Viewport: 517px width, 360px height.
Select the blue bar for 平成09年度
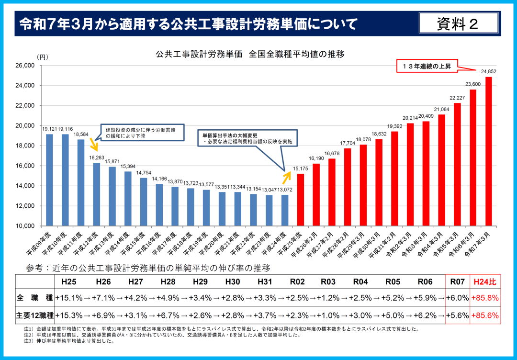pyautogui.click(x=49, y=180)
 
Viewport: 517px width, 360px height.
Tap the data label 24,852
pyautogui.click(x=488, y=72)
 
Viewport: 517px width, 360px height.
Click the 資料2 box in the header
pyautogui.click(x=458, y=23)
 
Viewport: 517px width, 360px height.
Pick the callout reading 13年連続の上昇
pyautogui.click(x=427, y=66)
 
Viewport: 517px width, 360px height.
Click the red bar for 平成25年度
pyautogui.click(x=301, y=200)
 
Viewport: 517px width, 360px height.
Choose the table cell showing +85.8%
pyautogui.click(x=485, y=298)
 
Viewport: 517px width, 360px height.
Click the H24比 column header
pyautogui.click(x=485, y=281)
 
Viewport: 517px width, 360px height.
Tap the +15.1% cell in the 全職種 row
pyautogui.click(x=69, y=298)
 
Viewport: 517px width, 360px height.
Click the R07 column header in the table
pyautogui.click(x=457, y=281)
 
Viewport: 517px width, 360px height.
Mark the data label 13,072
pyautogui.click(x=285, y=190)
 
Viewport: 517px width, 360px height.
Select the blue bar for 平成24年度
pyautogui.click(x=285, y=210)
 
